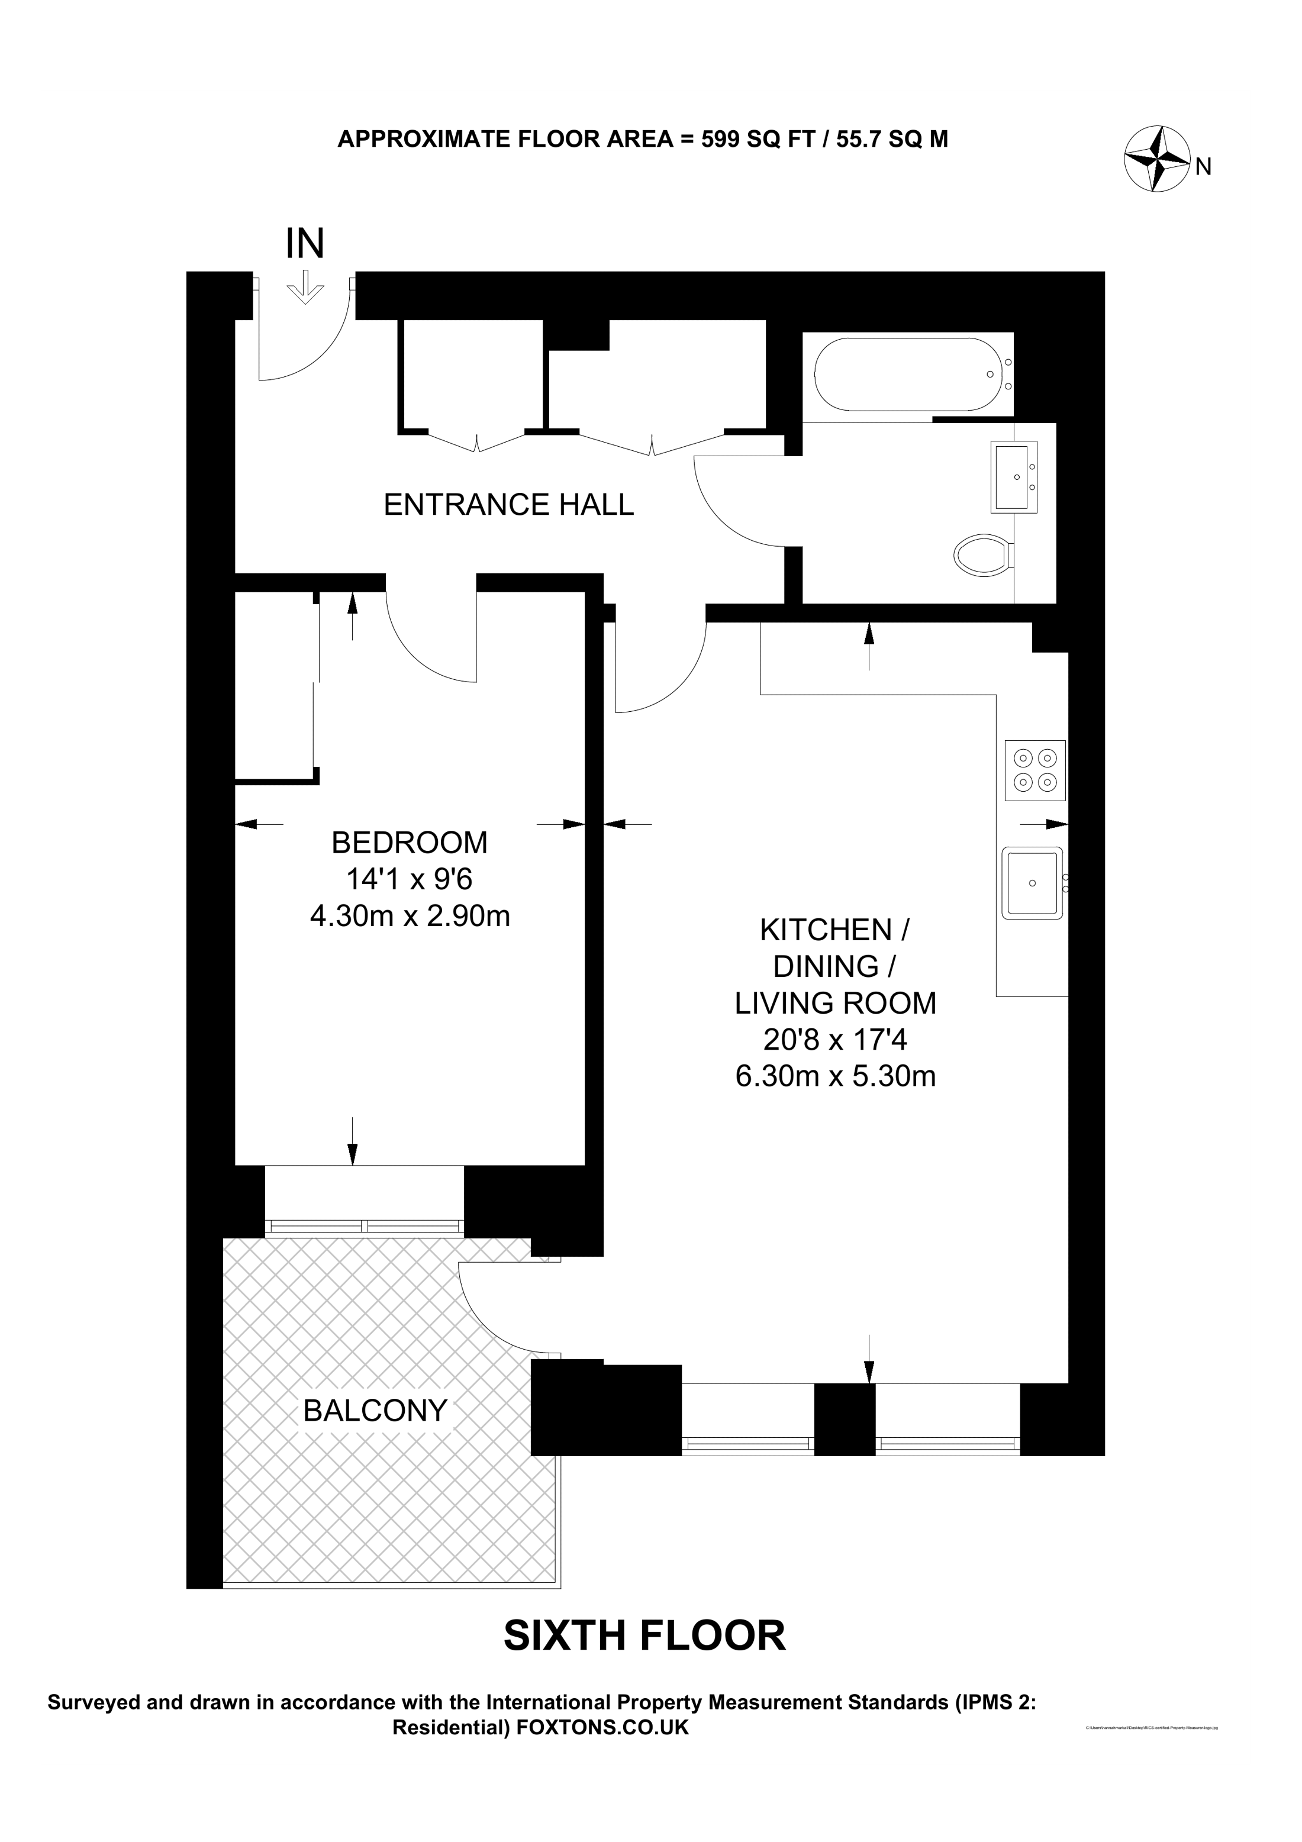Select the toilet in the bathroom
click(983, 554)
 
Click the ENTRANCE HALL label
click(508, 505)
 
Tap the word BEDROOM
click(409, 843)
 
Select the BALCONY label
click(375, 1411)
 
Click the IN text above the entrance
click(305, 244)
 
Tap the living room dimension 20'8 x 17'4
click(835, 1041)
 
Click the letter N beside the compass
click(1203, 167)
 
